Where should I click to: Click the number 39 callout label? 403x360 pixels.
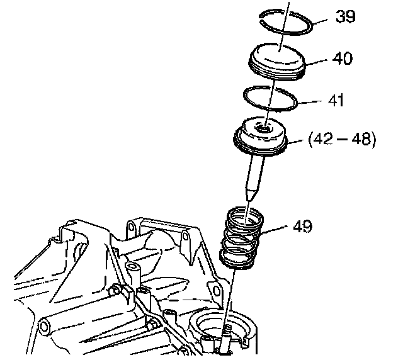346,16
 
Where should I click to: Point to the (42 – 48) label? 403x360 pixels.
341,139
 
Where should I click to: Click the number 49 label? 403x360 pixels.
302,225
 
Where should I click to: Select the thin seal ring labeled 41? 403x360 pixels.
271,99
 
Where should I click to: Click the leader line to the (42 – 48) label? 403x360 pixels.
298,140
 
